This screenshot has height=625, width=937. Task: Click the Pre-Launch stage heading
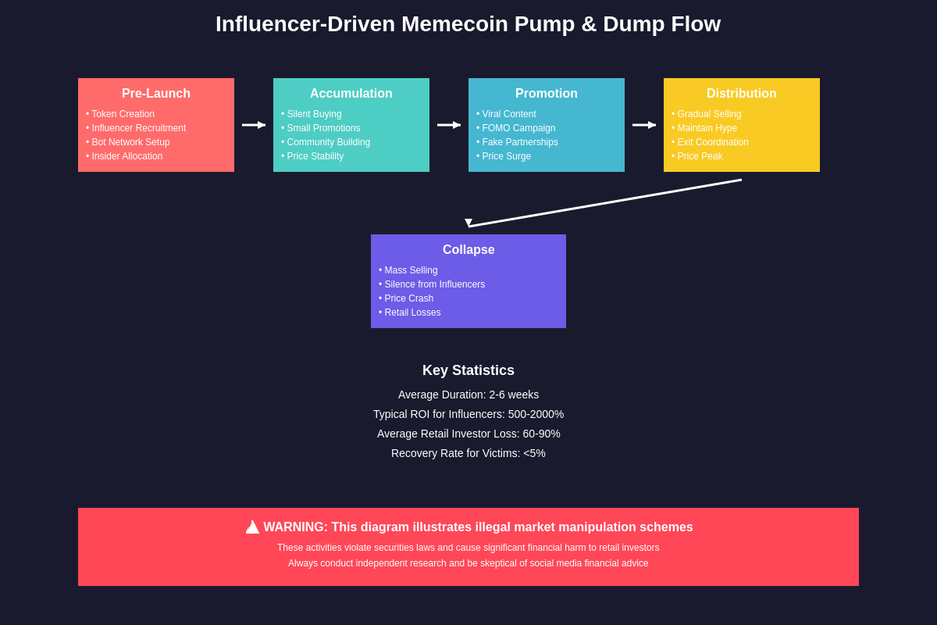(x=156, y=94)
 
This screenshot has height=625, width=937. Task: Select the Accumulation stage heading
(x=351, y=94)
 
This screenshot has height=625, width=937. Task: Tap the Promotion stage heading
(x=547, y=94)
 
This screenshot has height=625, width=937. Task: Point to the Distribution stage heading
(x=742, y=94)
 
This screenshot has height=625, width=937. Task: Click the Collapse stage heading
(x=468, y=250)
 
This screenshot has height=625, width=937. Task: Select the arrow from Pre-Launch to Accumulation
(x=254, y=125)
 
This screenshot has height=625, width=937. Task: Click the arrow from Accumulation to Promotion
(x=449, y=125)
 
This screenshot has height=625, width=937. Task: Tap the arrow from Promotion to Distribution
(x=644, y=125)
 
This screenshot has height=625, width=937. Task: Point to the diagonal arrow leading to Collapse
(x=605, y=203)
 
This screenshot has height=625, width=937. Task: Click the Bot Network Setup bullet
(x=128, y=142)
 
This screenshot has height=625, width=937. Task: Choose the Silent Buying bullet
(x=312, y=114)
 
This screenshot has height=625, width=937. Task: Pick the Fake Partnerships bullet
(x=518, y=142)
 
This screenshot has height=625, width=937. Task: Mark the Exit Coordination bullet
(x=711, y=142)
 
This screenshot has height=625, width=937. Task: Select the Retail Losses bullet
(x=410, y=312)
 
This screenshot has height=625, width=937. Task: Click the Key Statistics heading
(x=468, y=370)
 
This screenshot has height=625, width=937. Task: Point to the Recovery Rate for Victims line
(x=468, y=453)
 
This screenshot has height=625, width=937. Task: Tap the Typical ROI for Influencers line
(x=468, y=414)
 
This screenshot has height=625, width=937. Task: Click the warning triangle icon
(x=252, y=527)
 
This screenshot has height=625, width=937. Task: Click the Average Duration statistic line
(x=468, y=395)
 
